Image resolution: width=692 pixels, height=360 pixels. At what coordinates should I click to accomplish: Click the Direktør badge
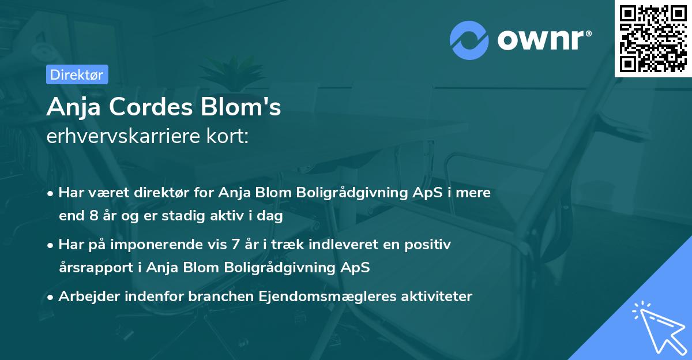click(77, 74)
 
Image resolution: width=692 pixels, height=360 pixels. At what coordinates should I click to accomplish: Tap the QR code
click(652, 39)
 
